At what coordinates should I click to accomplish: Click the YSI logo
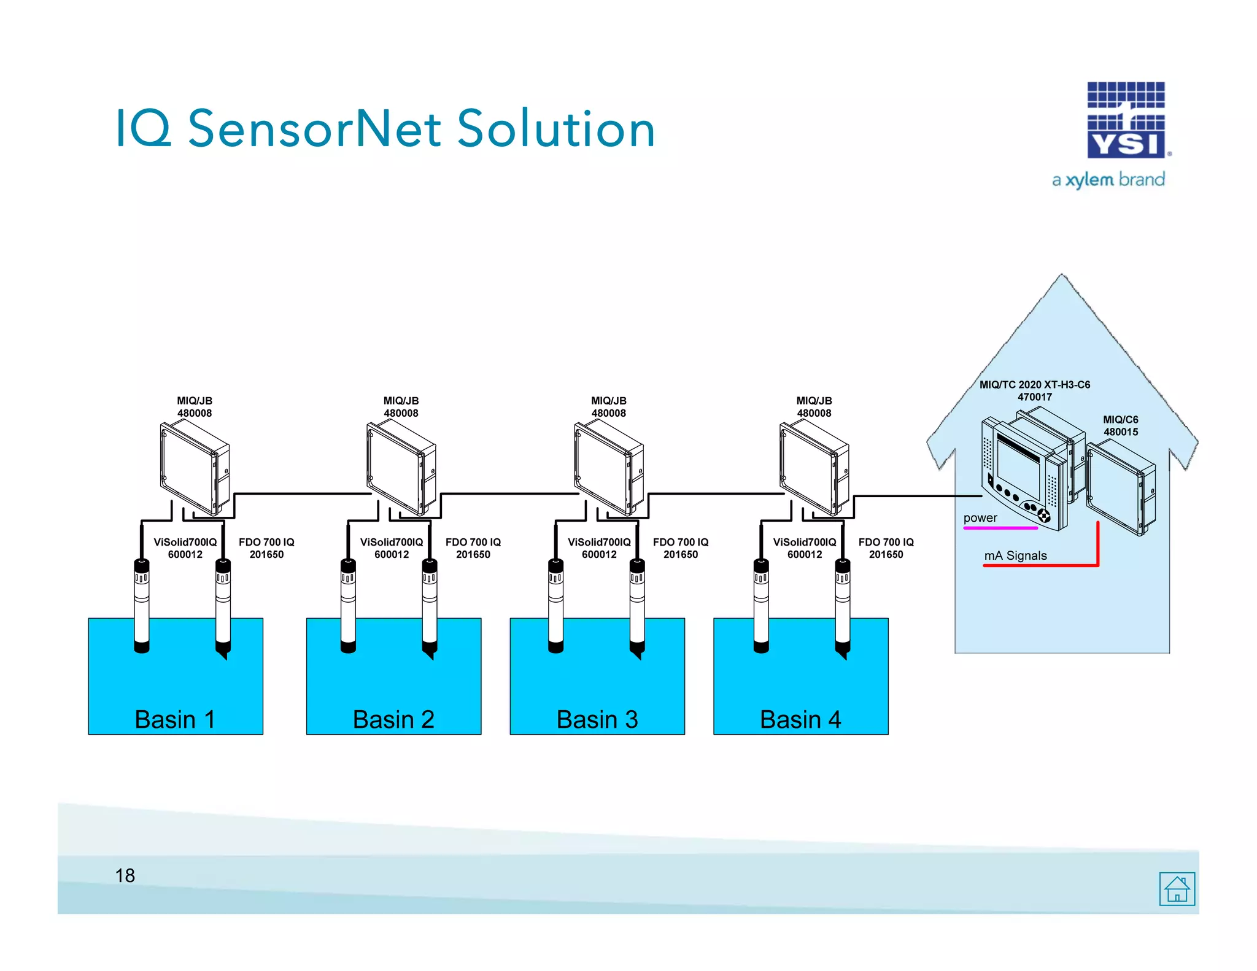pos(1126,120)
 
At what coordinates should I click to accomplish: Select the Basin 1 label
pos(175,719)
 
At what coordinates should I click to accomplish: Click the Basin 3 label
pos(597,719)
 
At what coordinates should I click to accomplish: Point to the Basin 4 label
pos(800,719)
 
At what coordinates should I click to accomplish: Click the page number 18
pos(125,876)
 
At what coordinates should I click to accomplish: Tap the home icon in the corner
pos(1177,889)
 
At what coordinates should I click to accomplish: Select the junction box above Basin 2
pos(400,468)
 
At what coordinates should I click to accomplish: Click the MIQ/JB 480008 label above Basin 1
pos(195,407)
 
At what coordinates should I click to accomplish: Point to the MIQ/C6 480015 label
pos(1120,425)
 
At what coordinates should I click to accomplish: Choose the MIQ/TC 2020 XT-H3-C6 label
pos(1035,390)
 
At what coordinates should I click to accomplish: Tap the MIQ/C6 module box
pos(1120,488)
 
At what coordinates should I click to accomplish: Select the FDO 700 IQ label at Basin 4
pos(886,548)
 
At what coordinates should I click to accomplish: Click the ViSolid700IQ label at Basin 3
pos(599,548)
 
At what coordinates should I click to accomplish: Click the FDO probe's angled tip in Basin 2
pos(430,654)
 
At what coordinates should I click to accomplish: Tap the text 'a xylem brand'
pos(1108,180)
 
